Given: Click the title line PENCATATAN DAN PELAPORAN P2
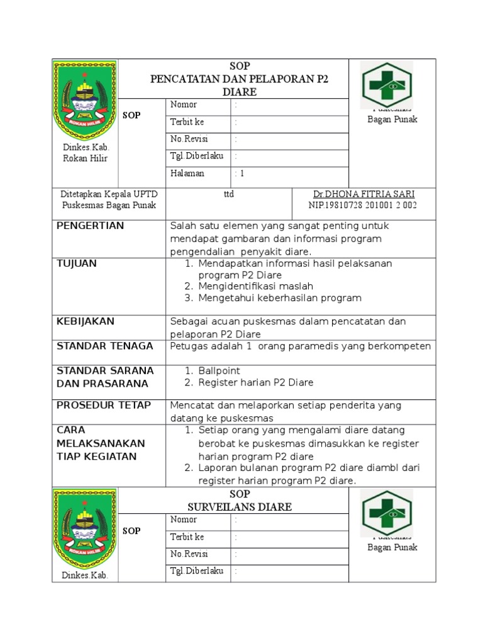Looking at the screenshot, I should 239,79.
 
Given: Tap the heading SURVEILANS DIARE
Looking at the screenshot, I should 239,507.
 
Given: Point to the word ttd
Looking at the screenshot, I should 229,194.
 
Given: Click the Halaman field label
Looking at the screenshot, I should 187,174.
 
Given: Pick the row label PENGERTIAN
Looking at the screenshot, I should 91,226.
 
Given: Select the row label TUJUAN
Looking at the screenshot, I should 77,264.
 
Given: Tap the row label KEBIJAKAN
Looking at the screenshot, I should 86,321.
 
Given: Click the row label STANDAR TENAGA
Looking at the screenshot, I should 104,346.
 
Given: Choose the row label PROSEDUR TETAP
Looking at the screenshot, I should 104,406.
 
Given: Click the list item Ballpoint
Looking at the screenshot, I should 219,371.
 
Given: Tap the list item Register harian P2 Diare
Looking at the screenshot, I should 256,382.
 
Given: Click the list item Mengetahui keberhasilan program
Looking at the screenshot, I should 280,298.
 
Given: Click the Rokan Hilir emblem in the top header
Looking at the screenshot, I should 84,99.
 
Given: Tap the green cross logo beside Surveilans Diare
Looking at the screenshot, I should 386,514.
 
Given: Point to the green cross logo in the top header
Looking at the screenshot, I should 386,86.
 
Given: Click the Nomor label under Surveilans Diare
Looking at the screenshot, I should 183,520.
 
